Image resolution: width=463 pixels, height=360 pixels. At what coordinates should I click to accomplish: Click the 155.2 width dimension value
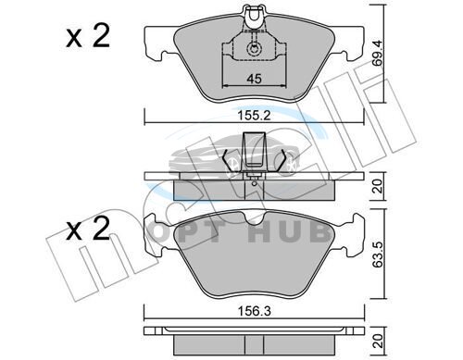click(x=254, y=116)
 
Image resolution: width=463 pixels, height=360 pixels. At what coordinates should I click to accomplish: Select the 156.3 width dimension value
click(x=255, y=311)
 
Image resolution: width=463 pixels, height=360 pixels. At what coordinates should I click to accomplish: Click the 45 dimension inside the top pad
click(x=254, y=79)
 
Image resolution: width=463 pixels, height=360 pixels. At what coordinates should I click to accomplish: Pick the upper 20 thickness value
click(x=377, y=186)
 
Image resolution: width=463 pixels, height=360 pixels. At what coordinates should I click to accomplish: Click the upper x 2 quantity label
click(x=88, y=36)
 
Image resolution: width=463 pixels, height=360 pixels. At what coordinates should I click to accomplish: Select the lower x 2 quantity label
click(x=88, y=229)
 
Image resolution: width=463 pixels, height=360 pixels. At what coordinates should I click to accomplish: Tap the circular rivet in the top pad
click(x=254, y=49)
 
